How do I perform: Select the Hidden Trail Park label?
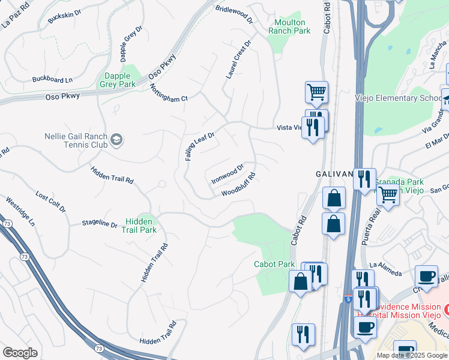[139, 226]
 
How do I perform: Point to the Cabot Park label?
[274, 264]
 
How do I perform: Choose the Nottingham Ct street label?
[169, 91]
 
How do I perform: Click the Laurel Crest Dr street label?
[238, 61]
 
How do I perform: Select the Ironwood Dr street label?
[228, 174]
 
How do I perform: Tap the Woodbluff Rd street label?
[238, 185]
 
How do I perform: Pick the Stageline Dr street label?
[100, 224]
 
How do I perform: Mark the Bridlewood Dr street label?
[235, 11]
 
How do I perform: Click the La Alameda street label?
[385, 269]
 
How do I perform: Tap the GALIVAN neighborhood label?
[334, 173]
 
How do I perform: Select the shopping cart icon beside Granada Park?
[388, 194]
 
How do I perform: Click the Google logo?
[20, 353]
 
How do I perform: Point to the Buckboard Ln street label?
[52, 79]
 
